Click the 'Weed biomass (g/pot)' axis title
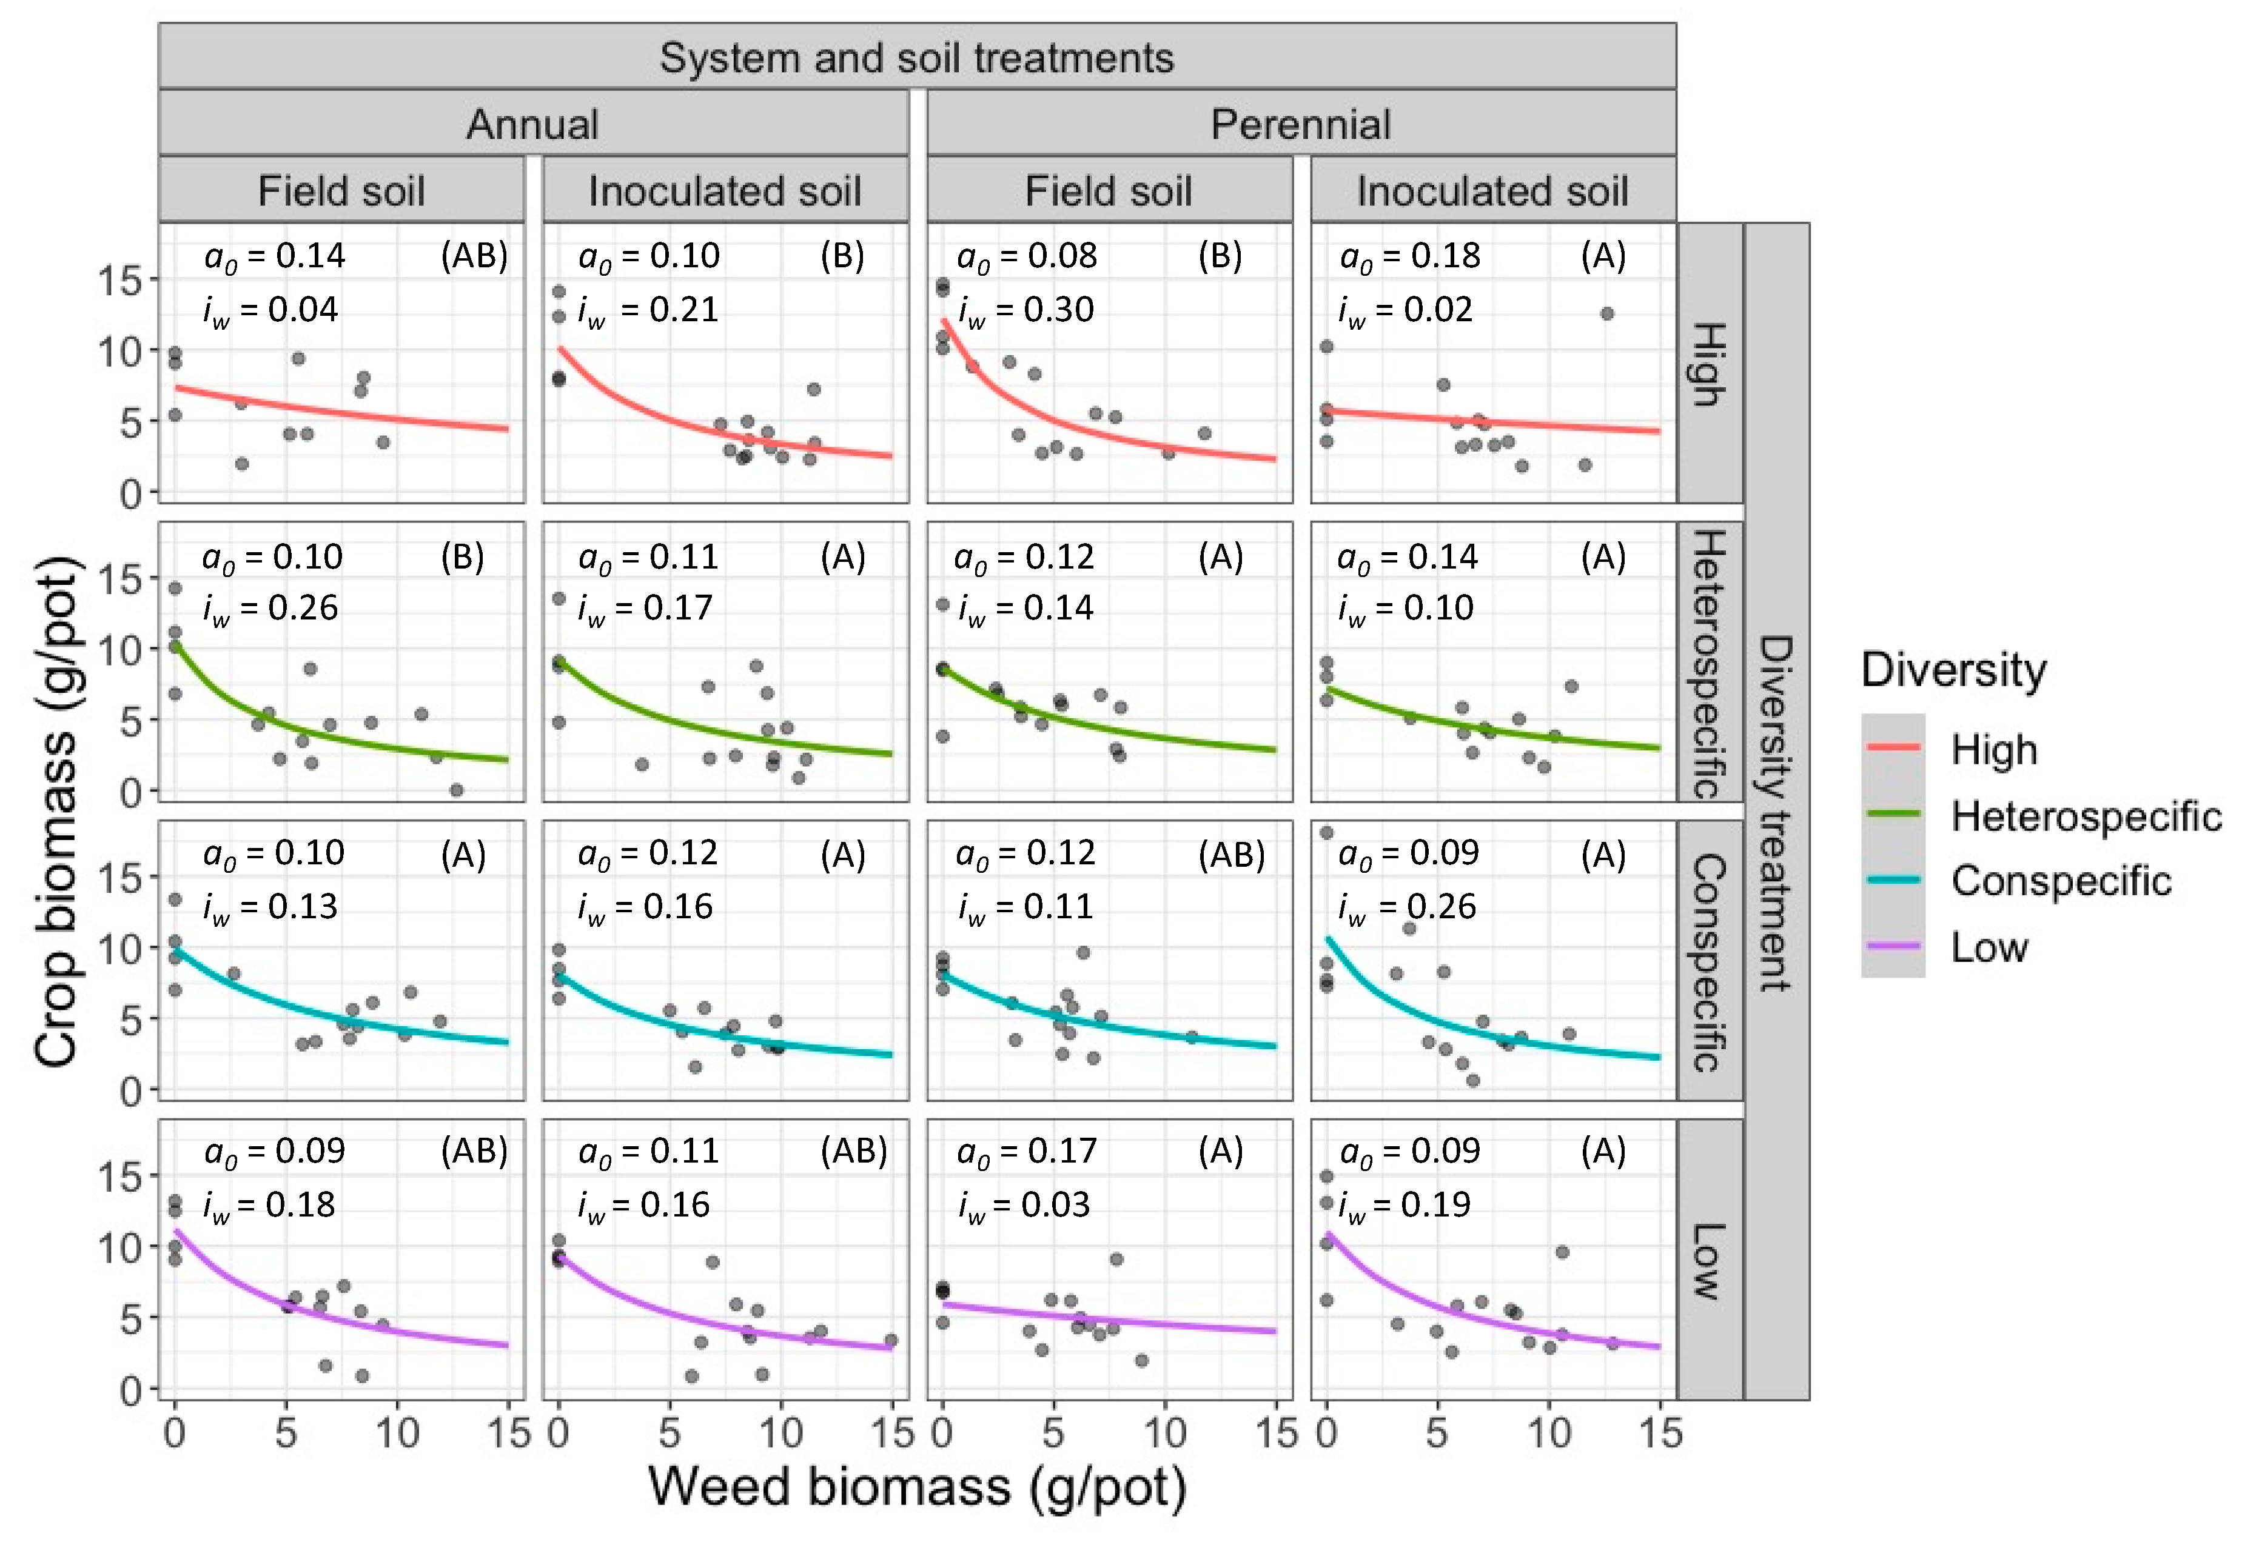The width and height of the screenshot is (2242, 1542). click(916, 1486)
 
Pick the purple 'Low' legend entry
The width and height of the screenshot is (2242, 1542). click(1989, 947)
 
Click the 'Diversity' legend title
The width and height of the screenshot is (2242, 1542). click(1953, 670)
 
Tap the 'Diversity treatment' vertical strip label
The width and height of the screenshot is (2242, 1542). click(1776, 812)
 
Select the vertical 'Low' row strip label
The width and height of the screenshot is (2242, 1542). click(1708, 1260)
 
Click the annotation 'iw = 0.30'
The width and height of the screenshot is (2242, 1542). click(1025, 310)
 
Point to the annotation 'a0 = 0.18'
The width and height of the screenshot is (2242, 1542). click(1410, 256)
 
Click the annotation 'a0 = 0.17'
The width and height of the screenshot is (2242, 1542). click(1026, 1150)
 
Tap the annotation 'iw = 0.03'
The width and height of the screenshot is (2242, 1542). click(1024, 1205)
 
